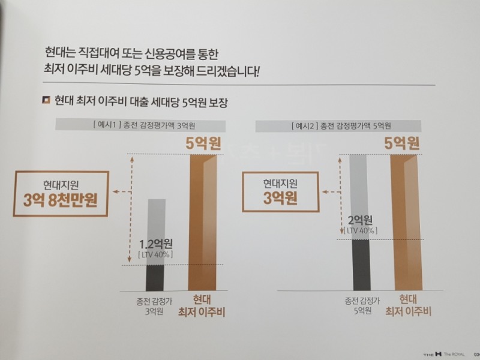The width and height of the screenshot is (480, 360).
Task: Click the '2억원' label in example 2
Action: [x=361, y=219]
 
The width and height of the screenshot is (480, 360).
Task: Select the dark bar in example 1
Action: [x=155, y=278]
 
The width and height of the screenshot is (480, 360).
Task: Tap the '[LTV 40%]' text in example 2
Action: [x=360, y=230]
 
